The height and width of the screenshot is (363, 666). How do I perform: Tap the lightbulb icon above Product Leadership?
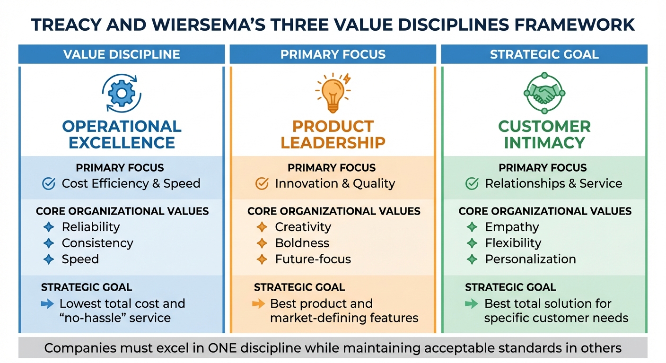[333, 93]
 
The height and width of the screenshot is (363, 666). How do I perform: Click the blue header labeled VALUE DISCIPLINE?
[122, 54]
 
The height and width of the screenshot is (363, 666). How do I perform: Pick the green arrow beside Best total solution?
[472, 304]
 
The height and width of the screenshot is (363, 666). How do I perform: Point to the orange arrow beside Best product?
[259, 304]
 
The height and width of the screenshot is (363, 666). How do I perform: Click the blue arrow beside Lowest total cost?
[48, 304]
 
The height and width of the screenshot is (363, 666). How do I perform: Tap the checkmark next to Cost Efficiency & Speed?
[49, 183]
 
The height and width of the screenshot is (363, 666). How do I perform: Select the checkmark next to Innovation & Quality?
[262, 183]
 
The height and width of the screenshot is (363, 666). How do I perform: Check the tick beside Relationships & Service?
[472, 183]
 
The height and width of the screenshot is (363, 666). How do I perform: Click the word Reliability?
[91, 227]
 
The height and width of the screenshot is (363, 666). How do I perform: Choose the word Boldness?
[302, 243]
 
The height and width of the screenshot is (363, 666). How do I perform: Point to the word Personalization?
[530, 259]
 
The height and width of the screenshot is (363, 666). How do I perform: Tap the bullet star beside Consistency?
[48, 243]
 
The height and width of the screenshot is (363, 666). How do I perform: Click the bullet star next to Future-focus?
[262, 259]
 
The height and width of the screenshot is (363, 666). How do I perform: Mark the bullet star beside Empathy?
[472, 227]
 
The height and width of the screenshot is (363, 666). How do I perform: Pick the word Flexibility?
[513, 243]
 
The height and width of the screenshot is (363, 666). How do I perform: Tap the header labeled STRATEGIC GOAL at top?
[544, 54]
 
